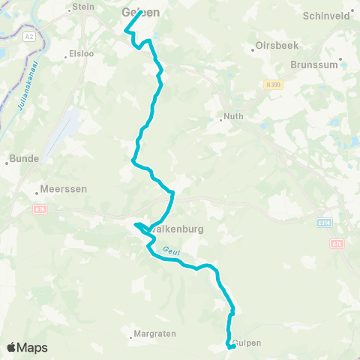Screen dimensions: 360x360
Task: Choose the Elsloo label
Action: [79, 54]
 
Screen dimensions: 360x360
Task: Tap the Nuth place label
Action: [235, 117]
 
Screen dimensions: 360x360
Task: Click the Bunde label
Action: [19, 159]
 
